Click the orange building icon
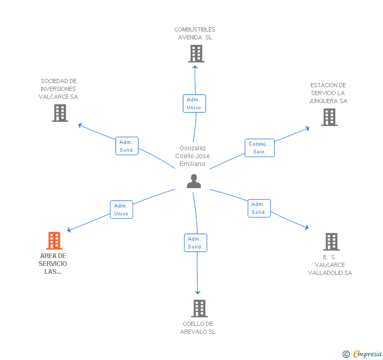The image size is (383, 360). pyautogui.click(x=54, y=240)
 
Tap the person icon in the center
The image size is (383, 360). pyautogui.click(x=194, y=181)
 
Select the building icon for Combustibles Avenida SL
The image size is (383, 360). pyautogui.click(x=196, y=54)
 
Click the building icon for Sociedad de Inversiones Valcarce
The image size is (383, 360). pyautogui.click(x=60, y=113)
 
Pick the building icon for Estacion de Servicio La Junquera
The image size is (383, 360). pyautogui.click(x=329, y=117)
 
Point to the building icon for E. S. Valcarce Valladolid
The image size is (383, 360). pyautogui.click(x=331, y=242)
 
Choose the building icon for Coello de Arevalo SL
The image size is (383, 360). pyautogui.click(x=199, y=308)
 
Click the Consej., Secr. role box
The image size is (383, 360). pyautogui.click(x=260, y=148)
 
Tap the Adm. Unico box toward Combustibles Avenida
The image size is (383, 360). pyautogui.click(x=194, y=104)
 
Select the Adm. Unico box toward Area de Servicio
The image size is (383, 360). pyautogui.click(x=122, y=210)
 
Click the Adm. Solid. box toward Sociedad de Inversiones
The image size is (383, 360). pyautogui.click(x=127, y=146)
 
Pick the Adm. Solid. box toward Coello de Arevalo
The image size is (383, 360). pyautogui.click(x=195, y=243)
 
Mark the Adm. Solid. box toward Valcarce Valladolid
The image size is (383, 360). pyautogui.click(x=259, y=208)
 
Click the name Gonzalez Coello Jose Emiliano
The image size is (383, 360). pyautogui.click(x=193, y=156)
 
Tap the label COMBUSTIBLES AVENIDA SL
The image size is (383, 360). pyautogui.click(x=195, y=34)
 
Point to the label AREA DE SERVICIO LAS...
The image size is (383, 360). pyautogui.click(x=53, y=264)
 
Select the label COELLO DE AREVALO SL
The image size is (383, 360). pyautogui.click(x=198, y=327)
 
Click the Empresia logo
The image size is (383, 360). pyautogui.click(x=362, y=354)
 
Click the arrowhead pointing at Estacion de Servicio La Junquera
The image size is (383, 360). pyautogui.click(x=308, y=128)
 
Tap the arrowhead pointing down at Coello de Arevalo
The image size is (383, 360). pyautogui.click(x=198, y=292)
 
